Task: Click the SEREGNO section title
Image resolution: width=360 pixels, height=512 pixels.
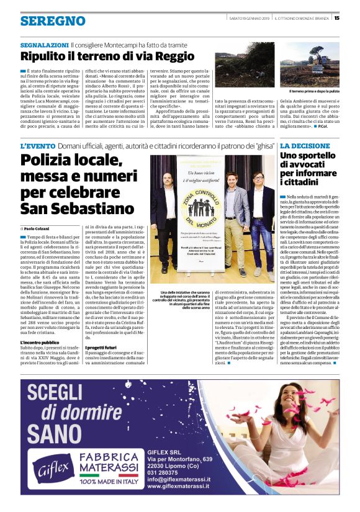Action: click(x=44, y=20)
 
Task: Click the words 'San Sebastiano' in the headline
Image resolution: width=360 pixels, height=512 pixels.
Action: click(x=78, y=207)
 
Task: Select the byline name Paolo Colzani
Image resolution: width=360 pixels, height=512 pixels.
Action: click(x=38, y=229)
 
